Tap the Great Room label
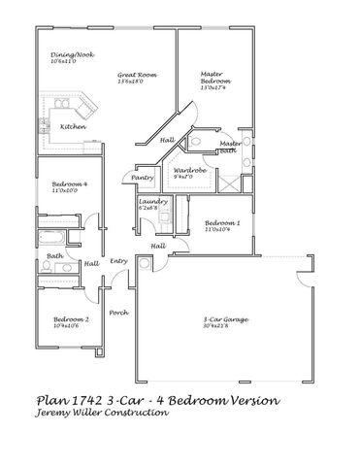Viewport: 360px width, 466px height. (x=138, y=75)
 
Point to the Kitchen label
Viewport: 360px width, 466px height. (x=73, y=126)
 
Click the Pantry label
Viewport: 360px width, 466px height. (x=143, y=178)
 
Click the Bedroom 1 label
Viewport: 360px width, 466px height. (x=222, y=223)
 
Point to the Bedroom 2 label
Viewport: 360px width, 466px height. (x=71, y=319)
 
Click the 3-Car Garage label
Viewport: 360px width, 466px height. (x=222, y=318)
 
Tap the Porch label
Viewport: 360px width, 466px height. (x=118, y=312)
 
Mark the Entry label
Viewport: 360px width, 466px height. (x=119, y=260)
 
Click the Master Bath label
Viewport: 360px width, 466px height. (x=230, y=146)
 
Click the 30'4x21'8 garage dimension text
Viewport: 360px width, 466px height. (x=222, y=325)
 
